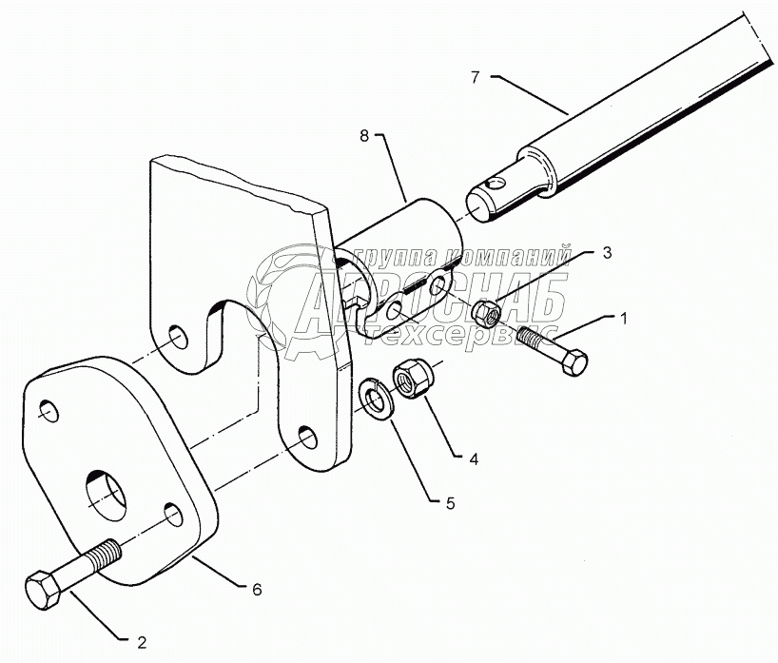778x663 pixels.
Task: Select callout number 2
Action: [x=142, y=641]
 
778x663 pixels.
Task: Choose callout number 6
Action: [x=256, y=589]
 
